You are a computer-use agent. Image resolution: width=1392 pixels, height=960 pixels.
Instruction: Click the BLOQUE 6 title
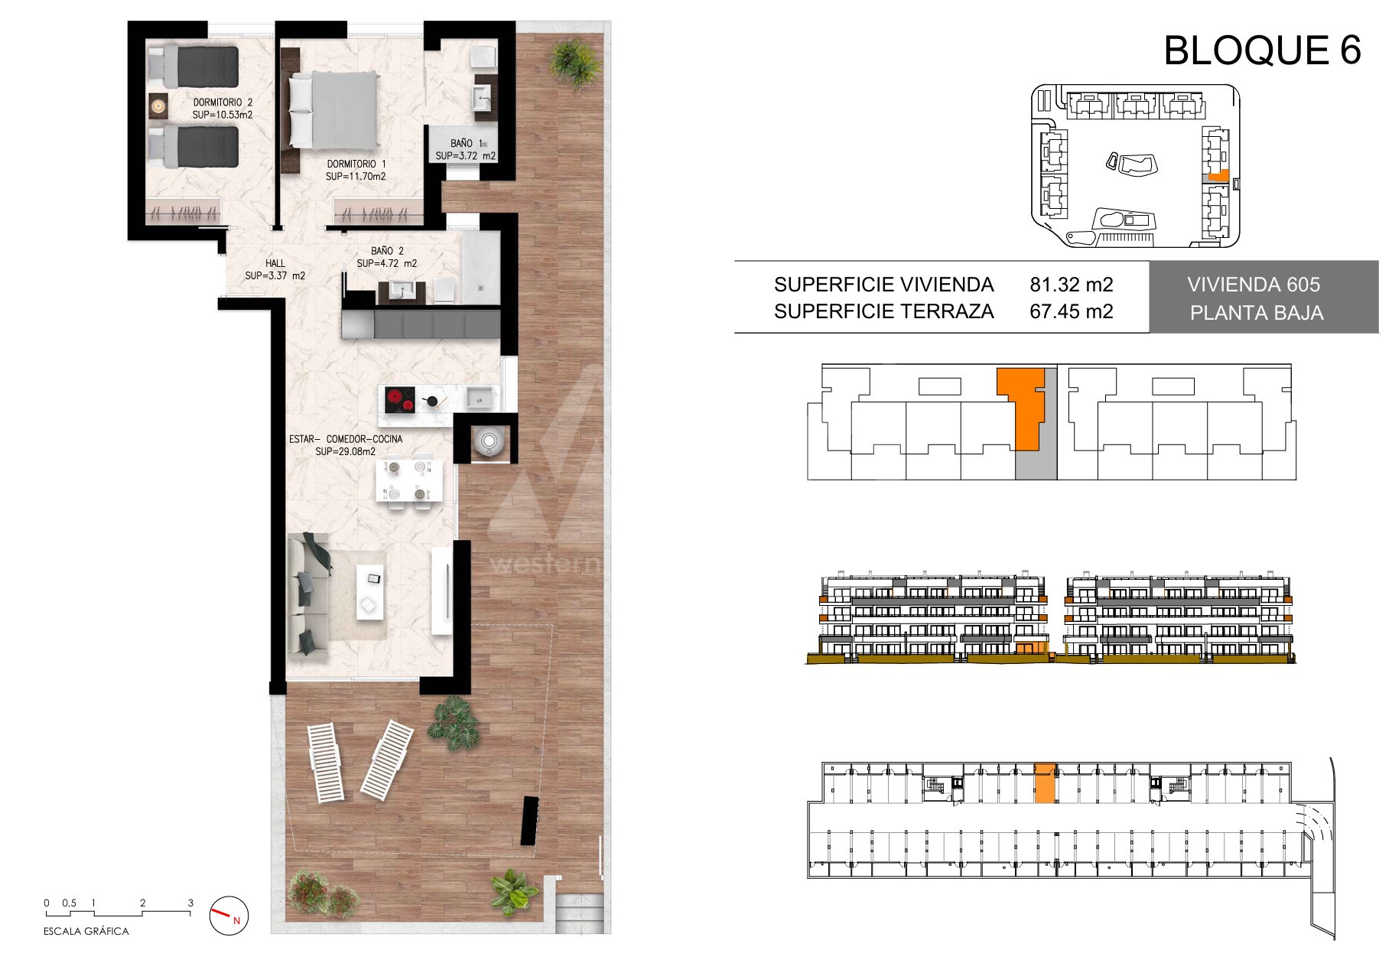click(1262, 50)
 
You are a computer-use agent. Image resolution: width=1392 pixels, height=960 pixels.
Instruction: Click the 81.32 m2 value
click(1072, 285)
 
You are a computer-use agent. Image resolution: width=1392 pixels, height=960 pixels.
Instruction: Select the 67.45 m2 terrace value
click(1072, 311)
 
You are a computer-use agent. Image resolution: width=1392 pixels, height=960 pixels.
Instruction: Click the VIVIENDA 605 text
click(1254, 285)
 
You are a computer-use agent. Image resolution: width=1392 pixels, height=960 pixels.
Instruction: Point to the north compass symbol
click(229, 915)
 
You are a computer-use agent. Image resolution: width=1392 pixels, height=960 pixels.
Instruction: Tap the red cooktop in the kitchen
click(398, 401)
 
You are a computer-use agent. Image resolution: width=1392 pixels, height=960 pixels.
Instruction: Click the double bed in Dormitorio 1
click(333, 111)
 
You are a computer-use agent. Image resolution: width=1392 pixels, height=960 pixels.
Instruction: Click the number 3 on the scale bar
click(190, 903)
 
